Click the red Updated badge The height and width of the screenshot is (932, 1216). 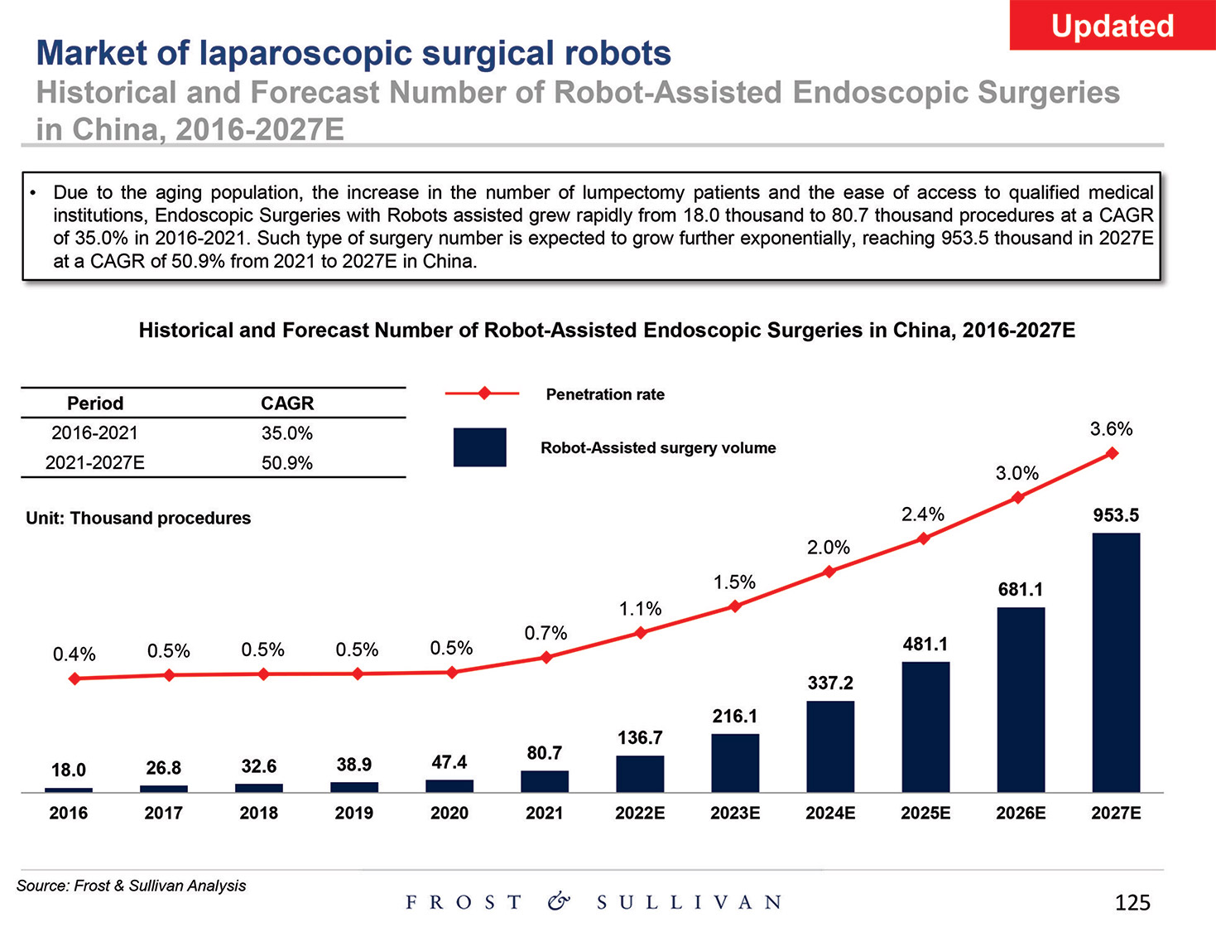pyautogui.click(x=1112, y=26)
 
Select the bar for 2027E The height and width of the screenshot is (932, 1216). pyautogui.click(x=1116, y=662)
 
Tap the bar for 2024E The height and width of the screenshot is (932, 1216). pyautogui.click(x=830, y=746)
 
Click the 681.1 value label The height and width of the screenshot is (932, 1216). pyautogui.click(x=1021, y=590)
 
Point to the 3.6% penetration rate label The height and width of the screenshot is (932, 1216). pyautogui.click(x=1111, y=429)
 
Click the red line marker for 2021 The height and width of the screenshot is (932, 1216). pyautogui.click(x=546, y=658)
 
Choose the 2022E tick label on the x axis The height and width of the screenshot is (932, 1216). pyautogui.click(x=640, y=813)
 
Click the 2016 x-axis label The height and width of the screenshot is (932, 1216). pyautogui.click(x=69, y=813)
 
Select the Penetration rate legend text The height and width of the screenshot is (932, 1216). pyautogui.click(x=605, y=394)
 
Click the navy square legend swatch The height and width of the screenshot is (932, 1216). pyautogui.click(x=479, y=447)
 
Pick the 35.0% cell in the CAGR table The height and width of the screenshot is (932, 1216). pyautogui.click(x=287, y=433)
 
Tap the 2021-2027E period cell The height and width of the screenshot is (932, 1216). pyautogui.click(x=94, y=462)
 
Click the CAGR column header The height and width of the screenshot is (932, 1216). pyautogui.click(x=287, y=403)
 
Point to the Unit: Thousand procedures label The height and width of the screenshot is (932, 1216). pyautogui.click(x=138, y=519)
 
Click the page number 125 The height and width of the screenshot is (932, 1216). pyautogui.click(x=1132, y=902)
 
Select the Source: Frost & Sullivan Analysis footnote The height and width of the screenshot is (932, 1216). pyautogui.click(x=132, y=886)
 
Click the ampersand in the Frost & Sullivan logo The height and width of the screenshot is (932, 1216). pyautogui.click(x=560, y=901)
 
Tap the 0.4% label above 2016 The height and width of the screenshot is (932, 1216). pyautogui.click(x=74, y=654)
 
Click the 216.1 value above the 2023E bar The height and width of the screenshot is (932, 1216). pyautogui.click(x=735, y=716)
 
